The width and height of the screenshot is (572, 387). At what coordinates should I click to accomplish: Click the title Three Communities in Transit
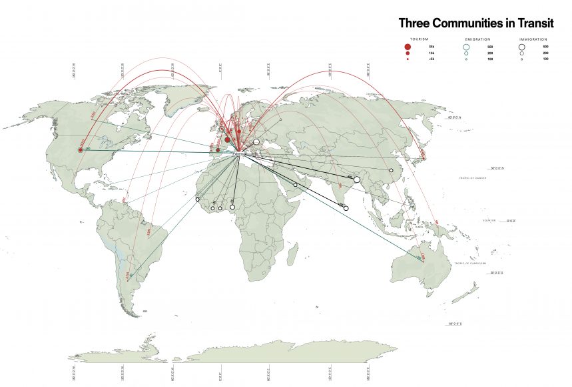click(475, 23)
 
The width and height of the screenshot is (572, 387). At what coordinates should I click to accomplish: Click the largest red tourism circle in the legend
click(407, 47)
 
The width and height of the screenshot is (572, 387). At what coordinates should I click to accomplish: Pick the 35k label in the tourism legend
click(431, 47)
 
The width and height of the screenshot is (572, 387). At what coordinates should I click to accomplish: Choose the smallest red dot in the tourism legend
click(407, 59)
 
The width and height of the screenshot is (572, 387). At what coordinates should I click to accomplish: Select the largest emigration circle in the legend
click(466, 47)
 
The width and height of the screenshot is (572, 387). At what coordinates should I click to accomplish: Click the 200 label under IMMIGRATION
click(545, 53)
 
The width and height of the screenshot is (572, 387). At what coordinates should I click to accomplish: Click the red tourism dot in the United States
click(81, 150)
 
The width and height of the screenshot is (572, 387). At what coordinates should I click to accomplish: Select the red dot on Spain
click(217, 150)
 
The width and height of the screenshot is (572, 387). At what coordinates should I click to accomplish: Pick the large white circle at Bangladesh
click(357, 179)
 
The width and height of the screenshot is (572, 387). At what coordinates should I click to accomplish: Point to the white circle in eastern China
click(391, 171)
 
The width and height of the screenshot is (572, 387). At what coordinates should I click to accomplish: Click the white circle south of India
click(346, 209)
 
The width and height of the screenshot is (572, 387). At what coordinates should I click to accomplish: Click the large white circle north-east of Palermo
click(256, 141)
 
